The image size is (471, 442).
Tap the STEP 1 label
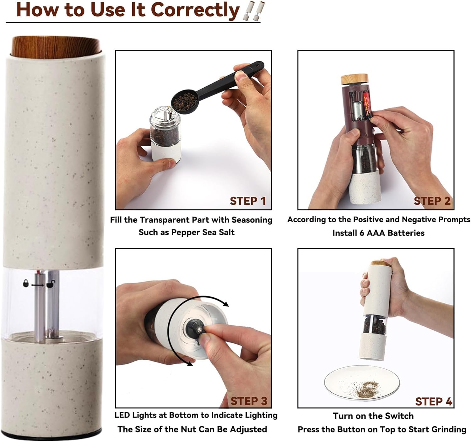[x=248, y=201]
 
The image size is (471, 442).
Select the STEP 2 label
[x=432, y=201]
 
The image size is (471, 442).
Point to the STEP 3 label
[x=249, y=401]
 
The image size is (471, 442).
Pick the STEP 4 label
[x=434, y=401]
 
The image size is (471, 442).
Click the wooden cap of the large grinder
[x=56, y=47]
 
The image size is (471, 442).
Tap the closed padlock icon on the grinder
[x=26, y=283]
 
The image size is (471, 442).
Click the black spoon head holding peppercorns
[x=185, y=102]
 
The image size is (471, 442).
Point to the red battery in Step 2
[x=367, y=104]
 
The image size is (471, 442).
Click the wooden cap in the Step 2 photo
[x=355, y=79]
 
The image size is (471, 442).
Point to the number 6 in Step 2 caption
[x=361, y=233]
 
